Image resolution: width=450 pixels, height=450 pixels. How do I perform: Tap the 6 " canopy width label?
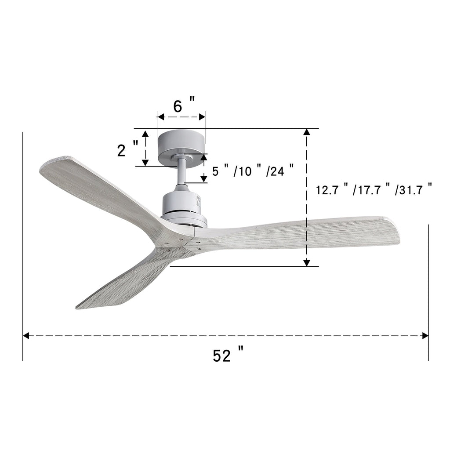[x=183, y=106]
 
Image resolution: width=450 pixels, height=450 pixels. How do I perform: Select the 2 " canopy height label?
[x=128, y=150]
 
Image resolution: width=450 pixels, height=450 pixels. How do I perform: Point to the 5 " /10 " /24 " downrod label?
[x=253, y=171]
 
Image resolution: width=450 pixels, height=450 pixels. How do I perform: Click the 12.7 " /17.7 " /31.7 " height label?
[x=374, y=190]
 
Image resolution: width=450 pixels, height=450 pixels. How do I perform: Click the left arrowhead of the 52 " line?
[x=26, y=336]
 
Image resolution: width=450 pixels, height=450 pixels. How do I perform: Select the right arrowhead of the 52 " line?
[x=425, y=336]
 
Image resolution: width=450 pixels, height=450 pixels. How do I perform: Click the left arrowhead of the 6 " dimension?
[x=160, y=117]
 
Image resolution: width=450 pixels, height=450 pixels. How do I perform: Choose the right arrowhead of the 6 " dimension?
[x=202, y=117]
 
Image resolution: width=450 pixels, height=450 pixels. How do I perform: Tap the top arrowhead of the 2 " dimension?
[x=145, y=133]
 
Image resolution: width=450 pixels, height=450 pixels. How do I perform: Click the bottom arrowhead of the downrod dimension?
[x=204, y=179]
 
